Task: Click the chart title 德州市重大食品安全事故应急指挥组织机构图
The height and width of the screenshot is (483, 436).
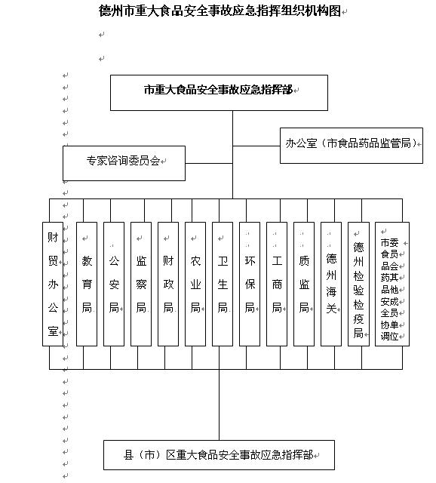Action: (x=220, y=11)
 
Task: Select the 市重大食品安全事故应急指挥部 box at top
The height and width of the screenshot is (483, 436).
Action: (x=219, y=93)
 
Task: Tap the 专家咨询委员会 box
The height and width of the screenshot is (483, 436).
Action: (x=124, y=163)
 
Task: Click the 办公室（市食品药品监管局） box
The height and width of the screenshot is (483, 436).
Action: (x=352, y=146)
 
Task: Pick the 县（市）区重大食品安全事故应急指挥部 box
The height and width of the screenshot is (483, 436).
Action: (x=219, y=455)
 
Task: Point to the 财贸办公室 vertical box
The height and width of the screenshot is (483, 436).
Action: (x=53, y=284)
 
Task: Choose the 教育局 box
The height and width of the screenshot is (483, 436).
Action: (x=87, y=284)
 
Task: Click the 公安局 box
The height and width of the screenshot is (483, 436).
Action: (x=114, y=284)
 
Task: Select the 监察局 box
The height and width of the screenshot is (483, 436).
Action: (x=141, y=284)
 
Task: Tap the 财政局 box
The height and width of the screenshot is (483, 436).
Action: (x=168, y=284)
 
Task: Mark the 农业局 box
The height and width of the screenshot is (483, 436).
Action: (x=195, y=284)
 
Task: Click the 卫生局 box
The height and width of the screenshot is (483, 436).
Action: (x=223, y=284)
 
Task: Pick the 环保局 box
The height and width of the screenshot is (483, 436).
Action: (x=250, y=284)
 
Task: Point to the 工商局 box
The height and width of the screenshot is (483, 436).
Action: (x=277, y=284)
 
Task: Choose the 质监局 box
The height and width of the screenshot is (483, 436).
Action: (x=304, y=284)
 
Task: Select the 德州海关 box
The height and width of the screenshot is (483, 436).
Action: (x=331, y=284)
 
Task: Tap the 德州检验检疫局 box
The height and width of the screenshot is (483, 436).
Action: (x=358, y=284)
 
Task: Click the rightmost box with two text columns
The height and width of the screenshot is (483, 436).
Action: (x=392, y=284)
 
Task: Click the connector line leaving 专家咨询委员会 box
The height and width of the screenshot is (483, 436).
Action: (x=209, y=163)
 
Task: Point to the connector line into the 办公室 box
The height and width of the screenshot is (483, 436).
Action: (x=256, y=146)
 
